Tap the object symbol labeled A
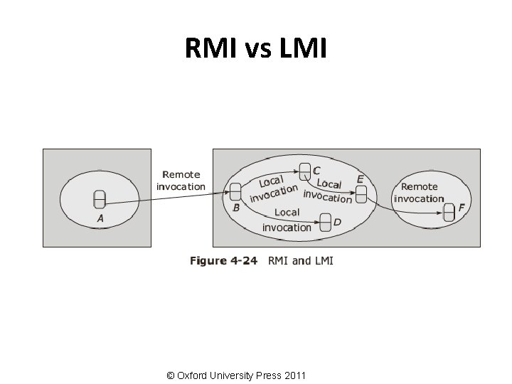click(100, 200)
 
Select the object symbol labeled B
click(236, 191)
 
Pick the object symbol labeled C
click(304, 171)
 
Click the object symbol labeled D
click(325, 223)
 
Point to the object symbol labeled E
click(362, 193)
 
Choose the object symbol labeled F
click(449, 211)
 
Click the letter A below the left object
click(100, 219)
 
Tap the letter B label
click(236, 208)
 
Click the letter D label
click(337, 223)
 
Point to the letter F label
click(462, 208)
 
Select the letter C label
click(316, 170)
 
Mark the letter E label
click(360, 179)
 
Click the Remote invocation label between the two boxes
click(181, 180)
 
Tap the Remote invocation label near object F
click(419, 193)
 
